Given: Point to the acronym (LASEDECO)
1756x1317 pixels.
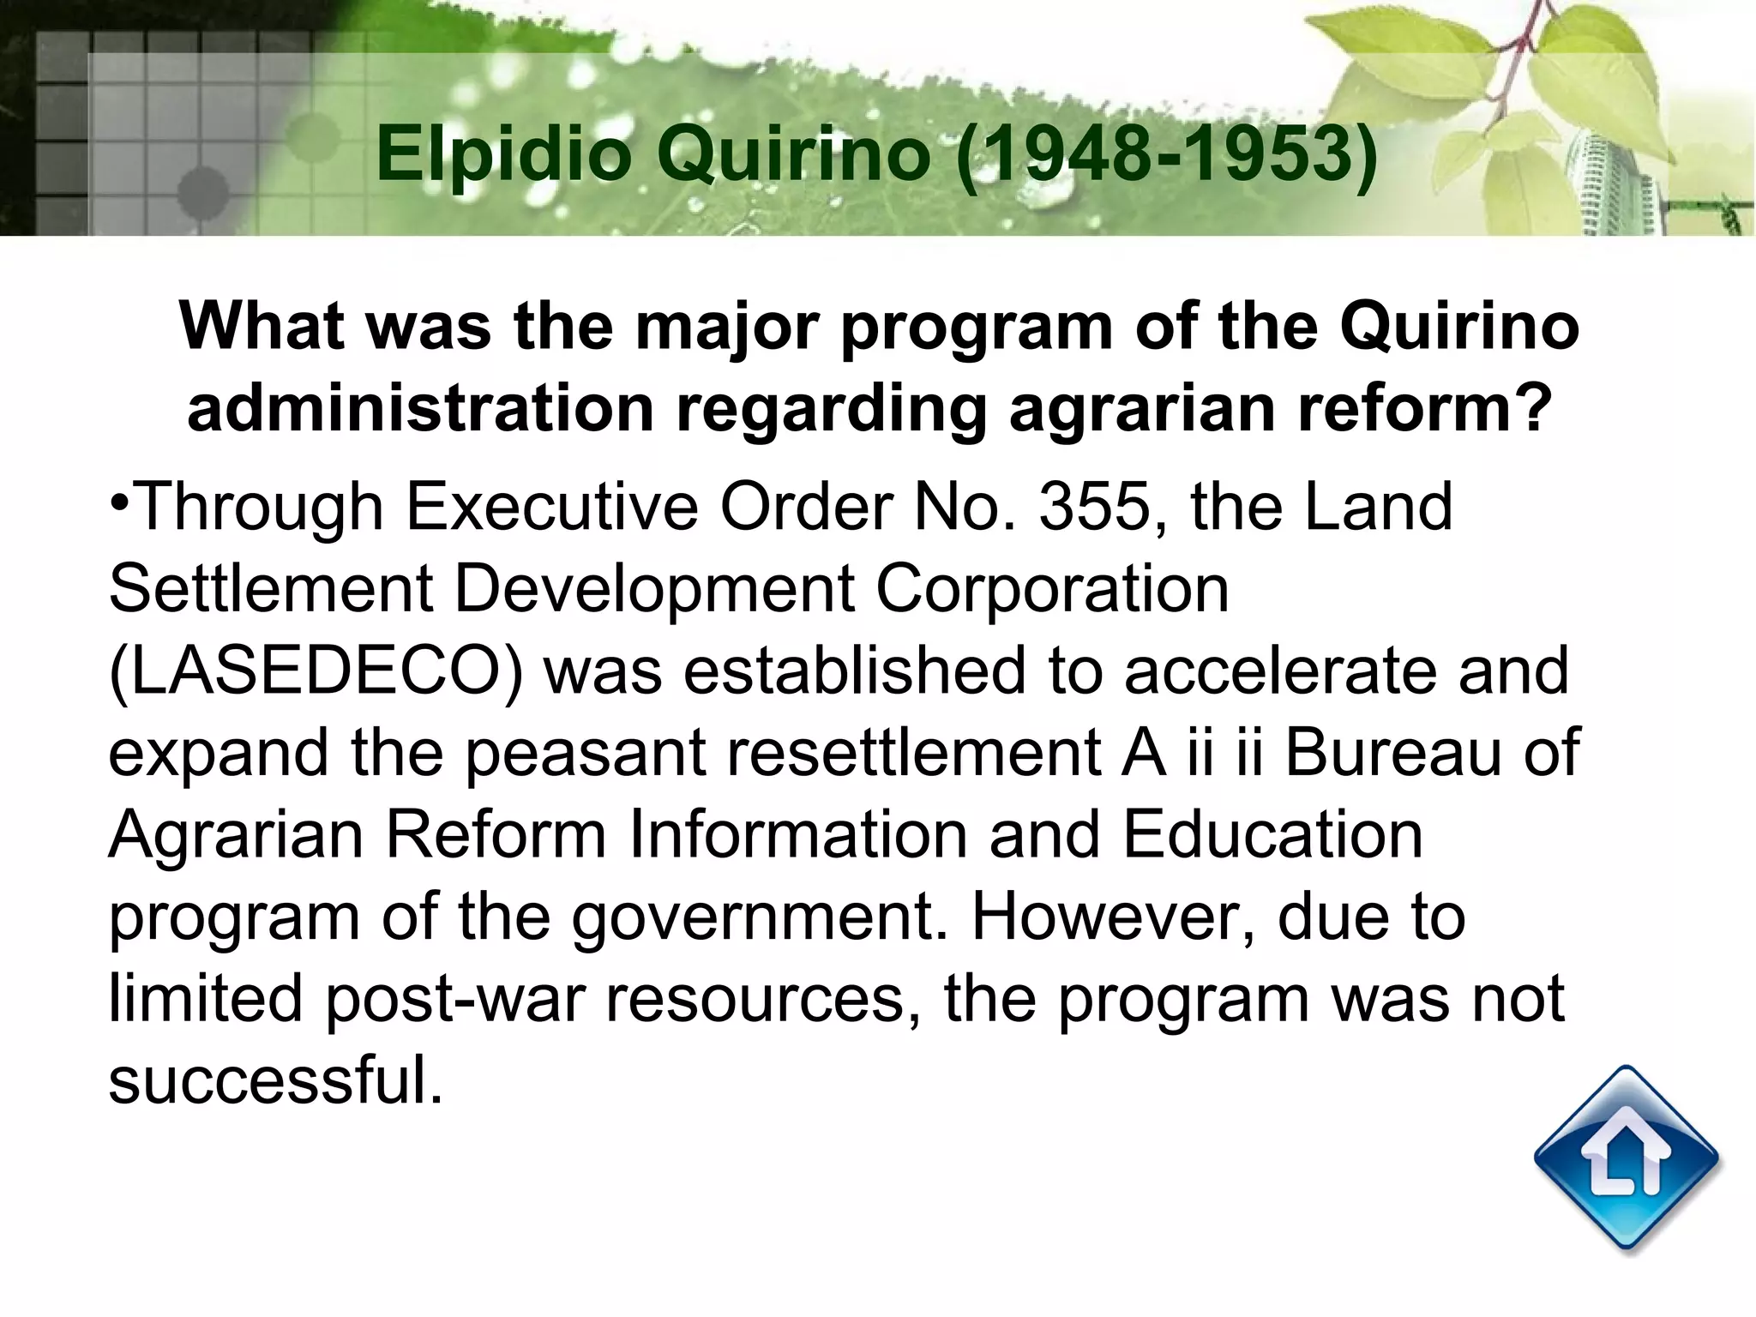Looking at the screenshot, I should click(x=316, y=671).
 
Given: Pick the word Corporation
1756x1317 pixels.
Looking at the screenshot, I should click(x=1052, y=589).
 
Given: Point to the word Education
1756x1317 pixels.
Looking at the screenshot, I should click(x=1272, y=834).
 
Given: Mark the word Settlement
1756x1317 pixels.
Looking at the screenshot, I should click(x=271, y=589).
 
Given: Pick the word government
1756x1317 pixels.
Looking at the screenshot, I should click(x=760, y=918).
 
